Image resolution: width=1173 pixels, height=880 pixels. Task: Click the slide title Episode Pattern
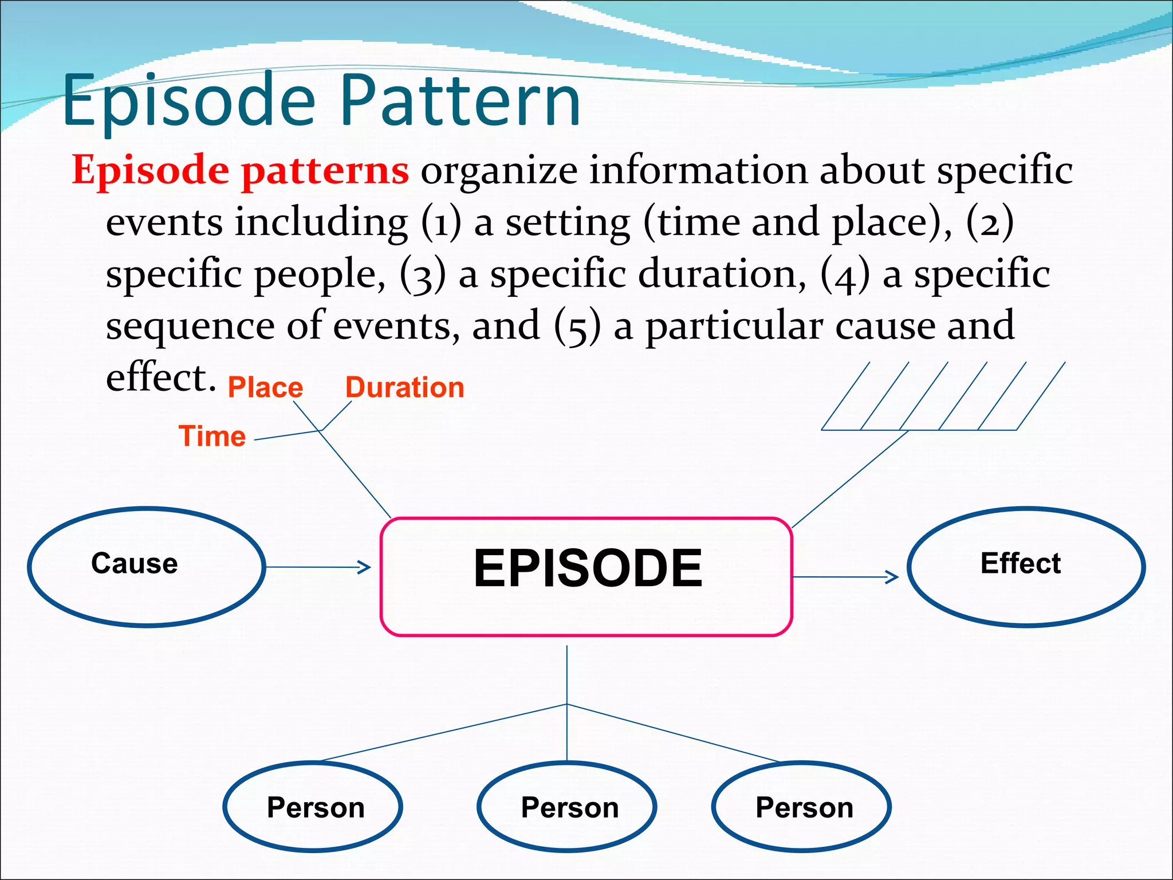click(321, 100)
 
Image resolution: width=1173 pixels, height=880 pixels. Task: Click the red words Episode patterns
click(241, 170)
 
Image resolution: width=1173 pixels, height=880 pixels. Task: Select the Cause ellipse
click(146, 567)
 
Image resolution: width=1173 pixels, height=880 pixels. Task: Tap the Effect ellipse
click(1025, 567)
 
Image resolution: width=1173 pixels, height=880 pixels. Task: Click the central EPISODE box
click(586, 576)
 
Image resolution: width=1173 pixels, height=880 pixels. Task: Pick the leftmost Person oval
click(313, 807)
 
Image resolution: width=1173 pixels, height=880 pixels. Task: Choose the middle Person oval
click(567, 807)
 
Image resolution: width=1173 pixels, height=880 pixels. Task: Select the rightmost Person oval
click(801, 807)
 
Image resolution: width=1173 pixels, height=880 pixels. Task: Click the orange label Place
click(265, 387)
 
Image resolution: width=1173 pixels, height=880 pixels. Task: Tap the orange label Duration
click(404, 387)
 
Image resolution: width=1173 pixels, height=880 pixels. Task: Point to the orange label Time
click(212, 436)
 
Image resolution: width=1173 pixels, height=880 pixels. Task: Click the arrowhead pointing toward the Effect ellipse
click(893, 577)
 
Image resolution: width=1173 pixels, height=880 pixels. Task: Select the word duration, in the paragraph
click(723, 274)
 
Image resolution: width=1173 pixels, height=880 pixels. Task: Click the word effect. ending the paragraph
click(160, 378)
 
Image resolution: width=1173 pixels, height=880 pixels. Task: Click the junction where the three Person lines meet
click(567, 704)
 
